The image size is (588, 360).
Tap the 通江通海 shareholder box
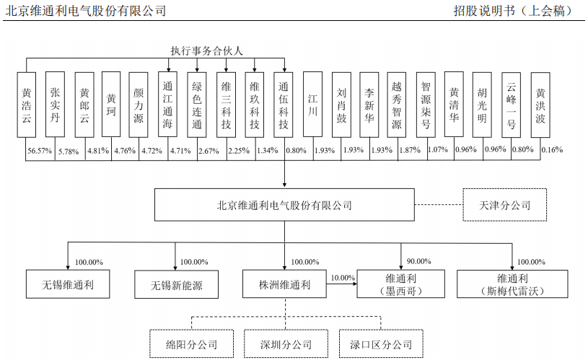(169, 105)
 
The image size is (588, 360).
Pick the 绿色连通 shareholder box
(197, 105)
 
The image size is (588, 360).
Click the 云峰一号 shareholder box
(512, 105)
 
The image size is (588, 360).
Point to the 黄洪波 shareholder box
(540, 105)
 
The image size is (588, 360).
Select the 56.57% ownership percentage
(40, 150)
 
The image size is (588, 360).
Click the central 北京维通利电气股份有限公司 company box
(284, 205)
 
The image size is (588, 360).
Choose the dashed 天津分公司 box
(504, 205)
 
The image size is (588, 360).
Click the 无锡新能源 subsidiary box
(177, 284)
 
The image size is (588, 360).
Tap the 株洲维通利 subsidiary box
(284, 284)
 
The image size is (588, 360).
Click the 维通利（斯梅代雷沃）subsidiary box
(514, 284)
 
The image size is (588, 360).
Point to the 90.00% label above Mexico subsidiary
(419, 261)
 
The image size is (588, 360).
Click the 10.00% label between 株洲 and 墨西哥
(343, 278)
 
